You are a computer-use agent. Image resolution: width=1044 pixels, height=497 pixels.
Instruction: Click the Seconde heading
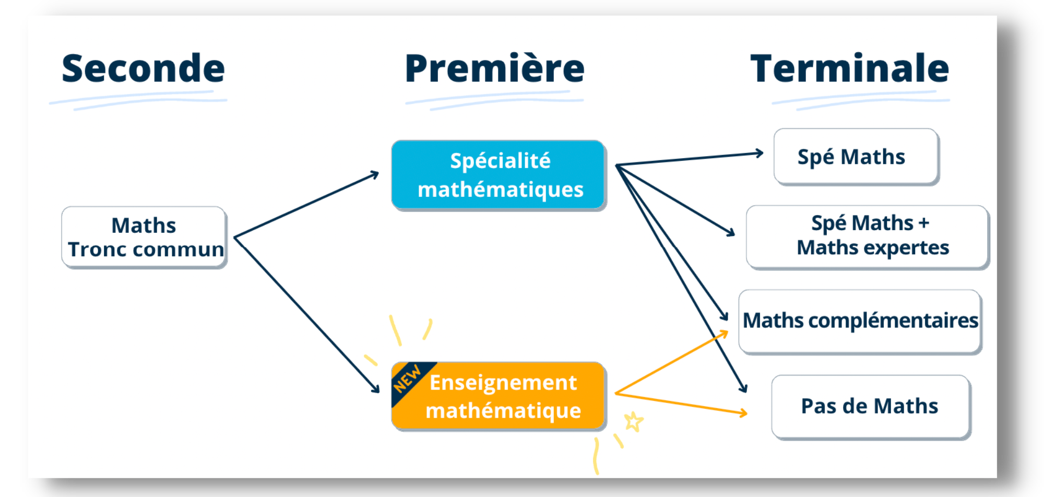(x=143, y=68)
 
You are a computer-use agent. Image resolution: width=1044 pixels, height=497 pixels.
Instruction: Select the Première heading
(x=494, y=68)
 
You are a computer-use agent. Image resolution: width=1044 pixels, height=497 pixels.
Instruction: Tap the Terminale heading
(x=849, y=68)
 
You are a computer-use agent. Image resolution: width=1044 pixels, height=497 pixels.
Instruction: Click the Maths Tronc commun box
(x=144, y=238)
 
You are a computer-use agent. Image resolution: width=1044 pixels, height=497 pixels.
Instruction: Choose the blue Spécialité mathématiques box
(x=499, y=175)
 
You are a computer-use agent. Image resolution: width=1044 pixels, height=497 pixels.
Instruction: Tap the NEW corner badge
(x=407, y=378)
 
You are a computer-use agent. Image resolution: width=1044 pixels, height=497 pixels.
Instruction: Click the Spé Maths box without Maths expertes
(x=856, y=157)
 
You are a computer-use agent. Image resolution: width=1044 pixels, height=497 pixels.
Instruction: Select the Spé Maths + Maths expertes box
(x=867, y=236)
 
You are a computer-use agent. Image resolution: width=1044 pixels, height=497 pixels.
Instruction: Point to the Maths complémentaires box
(x=860, y=321)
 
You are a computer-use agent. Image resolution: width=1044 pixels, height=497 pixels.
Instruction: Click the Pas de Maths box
(x=870, y=406)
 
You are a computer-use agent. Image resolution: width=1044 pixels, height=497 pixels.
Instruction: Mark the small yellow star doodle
(x=634, y=421)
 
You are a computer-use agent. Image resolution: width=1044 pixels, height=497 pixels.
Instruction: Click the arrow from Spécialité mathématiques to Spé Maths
(x=689, y=159)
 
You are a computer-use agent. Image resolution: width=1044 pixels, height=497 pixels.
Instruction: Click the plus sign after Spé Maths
(x=924, y=223)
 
